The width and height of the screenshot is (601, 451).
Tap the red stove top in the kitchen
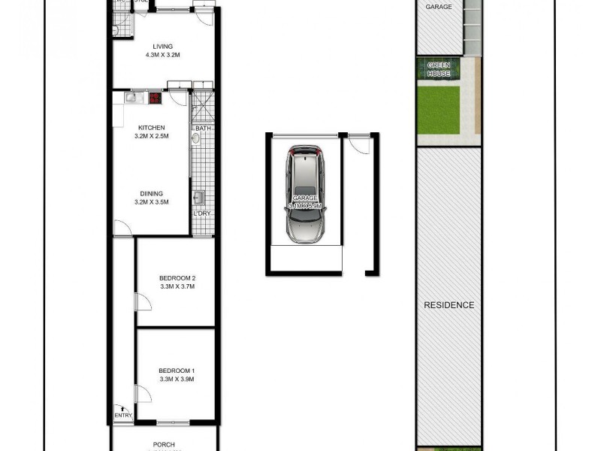click(156, 97)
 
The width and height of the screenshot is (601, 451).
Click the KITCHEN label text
click(151, 128)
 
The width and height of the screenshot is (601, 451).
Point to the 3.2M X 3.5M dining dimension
click(151, 201)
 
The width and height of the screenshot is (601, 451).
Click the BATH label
click(203, 129)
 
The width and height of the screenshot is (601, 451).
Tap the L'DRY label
click(202, 213)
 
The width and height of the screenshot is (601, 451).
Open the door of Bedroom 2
click(139, 302)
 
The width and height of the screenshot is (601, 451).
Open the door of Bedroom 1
click(139, 393)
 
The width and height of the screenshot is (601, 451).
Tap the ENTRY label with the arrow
click(122, 415)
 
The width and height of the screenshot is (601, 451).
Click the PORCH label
click(164, 444)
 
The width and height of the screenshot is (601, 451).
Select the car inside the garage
click(304, 194)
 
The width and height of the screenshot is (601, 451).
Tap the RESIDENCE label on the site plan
click(449, 305)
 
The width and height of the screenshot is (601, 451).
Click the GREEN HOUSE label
click(439, 69)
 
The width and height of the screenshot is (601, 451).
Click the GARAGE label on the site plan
click(439, 7)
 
